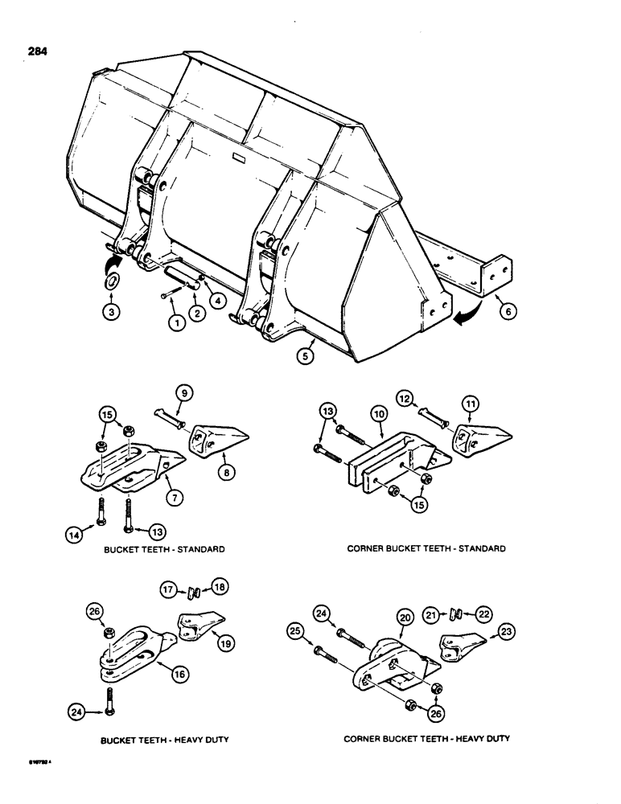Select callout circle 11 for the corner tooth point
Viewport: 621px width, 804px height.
[467, 404]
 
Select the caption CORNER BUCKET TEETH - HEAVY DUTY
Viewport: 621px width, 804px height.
[428, 738]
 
